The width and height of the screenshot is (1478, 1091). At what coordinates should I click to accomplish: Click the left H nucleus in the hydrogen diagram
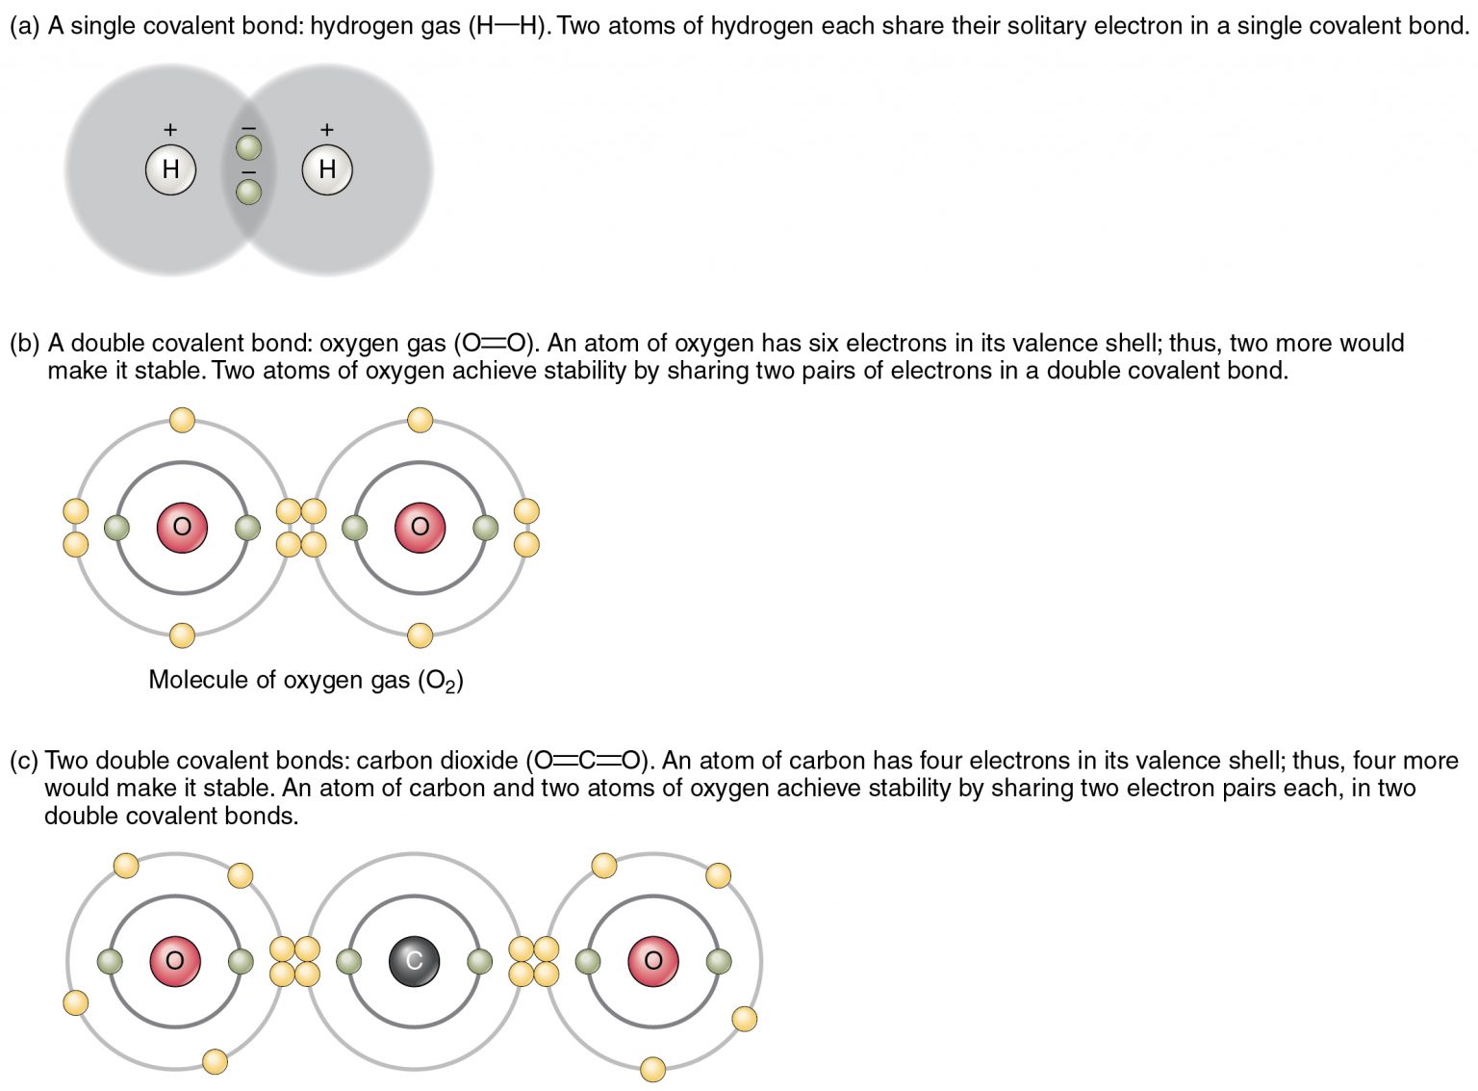(170, 169)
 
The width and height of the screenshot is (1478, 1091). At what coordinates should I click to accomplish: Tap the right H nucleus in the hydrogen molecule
(327, 169)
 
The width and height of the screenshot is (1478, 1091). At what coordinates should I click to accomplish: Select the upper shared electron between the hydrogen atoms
(248, 147)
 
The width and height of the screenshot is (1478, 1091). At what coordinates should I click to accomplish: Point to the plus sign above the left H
(170, 129)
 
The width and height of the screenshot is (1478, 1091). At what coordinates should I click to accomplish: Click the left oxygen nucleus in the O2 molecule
(182, 528)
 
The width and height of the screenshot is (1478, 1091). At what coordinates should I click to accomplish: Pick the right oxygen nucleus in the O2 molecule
(420, 528)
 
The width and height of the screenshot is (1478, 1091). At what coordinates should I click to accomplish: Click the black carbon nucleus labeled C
(414, 960)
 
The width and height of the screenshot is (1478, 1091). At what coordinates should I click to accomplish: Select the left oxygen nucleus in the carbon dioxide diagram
(174, 960)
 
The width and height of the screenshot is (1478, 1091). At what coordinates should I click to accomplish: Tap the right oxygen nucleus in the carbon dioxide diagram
(652, 960)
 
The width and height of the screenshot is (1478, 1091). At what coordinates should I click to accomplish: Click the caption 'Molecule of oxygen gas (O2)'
(305, 680)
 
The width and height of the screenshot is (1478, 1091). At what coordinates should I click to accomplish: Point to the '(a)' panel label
(25, 26)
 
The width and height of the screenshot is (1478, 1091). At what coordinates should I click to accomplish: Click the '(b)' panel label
(25, 344)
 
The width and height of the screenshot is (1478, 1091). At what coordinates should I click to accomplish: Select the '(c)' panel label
(24, 761)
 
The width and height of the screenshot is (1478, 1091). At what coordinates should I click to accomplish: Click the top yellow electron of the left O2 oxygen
(182, 420)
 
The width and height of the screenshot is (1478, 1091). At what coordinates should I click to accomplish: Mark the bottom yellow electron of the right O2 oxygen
(420, 636)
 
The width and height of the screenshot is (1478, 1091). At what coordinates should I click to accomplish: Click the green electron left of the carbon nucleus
(349, 960)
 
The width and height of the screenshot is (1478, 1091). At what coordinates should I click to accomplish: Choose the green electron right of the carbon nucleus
(479, 960)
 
